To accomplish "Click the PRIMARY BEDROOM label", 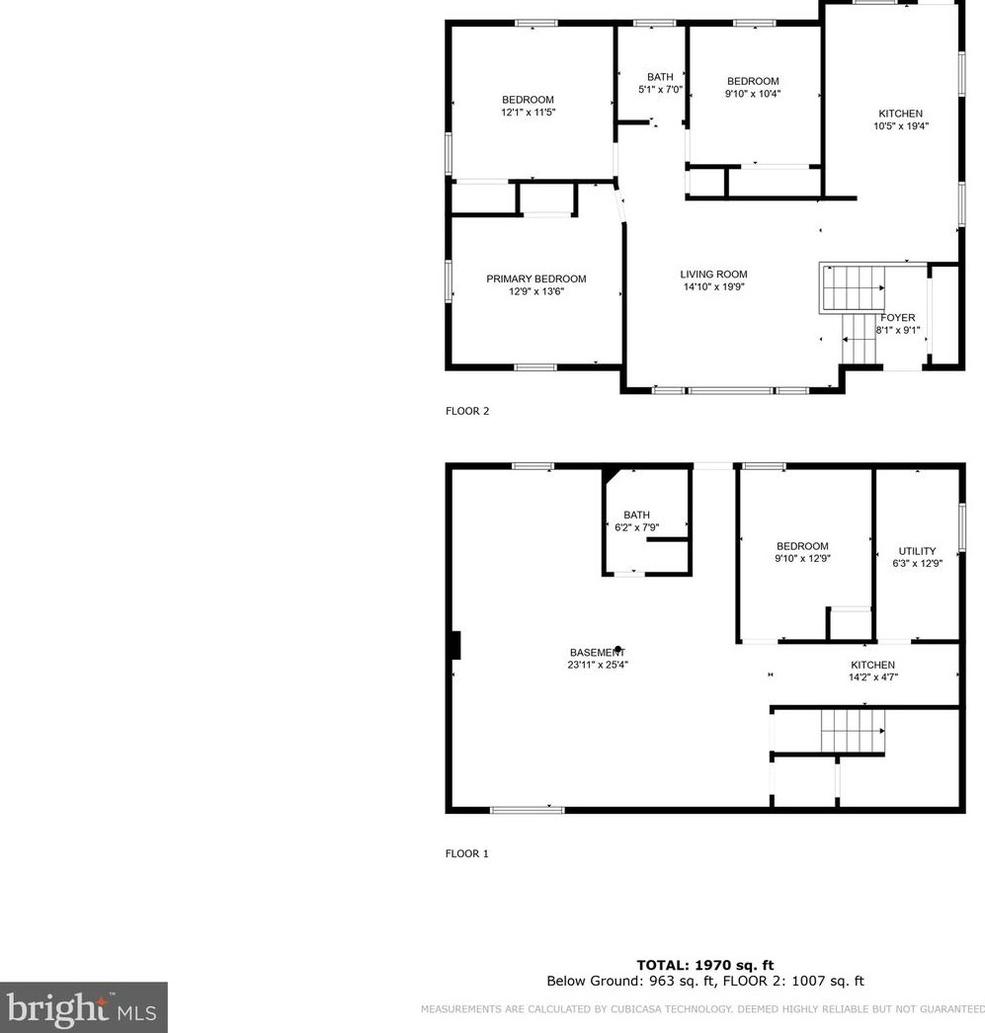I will (535, 278).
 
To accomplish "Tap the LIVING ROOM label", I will (713, 275).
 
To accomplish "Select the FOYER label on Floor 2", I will (897, 318).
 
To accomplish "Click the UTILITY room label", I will (916, 551).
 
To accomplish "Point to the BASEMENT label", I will (591, 653).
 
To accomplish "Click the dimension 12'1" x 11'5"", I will (528, 113).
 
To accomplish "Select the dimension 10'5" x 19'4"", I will (900, 126).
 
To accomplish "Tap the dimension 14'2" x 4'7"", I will (872, 677).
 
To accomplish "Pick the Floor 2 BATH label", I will (659, 77).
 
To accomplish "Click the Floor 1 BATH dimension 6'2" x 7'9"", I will (636, 527).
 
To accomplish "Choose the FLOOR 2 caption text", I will (467, 412).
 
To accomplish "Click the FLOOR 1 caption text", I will (466, 854).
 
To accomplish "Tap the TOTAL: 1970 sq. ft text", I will (704, 965).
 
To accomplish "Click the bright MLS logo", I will (83, 1007).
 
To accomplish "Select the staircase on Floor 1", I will (852, 732).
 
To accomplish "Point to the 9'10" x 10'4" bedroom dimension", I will (753, 94).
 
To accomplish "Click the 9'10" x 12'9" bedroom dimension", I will (802, 558).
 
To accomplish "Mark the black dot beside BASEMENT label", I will (618, 650).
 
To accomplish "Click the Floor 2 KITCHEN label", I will (900, 114).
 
